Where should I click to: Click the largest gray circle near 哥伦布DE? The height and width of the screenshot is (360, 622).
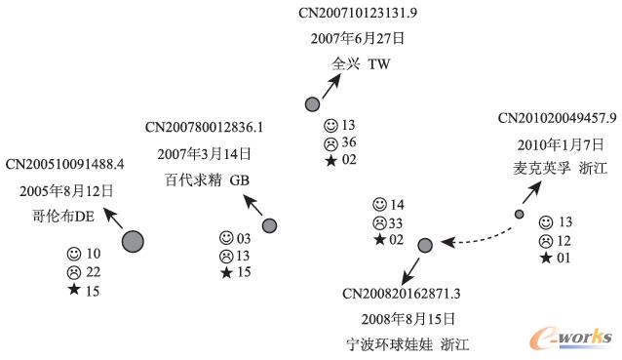pyautogui.click(x=133, y=241)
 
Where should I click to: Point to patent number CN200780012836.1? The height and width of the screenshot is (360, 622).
pyautogui.click(x=205, y=127)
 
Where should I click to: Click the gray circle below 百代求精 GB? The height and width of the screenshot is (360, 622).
pyautogui.click(x=270, y=226)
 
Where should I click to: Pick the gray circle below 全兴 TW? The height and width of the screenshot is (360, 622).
pyautogui.click(x=312, y=103)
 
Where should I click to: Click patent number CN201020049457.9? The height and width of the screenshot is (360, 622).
pyautogui.click(x=558, y=118)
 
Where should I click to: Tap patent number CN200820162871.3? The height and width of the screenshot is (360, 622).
pyautogui.click(x=402, y=293)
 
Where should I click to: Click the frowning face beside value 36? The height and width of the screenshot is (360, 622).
pyautogui.click(x=332, y=142)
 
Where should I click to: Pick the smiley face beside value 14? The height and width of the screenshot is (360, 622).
pyautogui.click(x=379, y=205)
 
